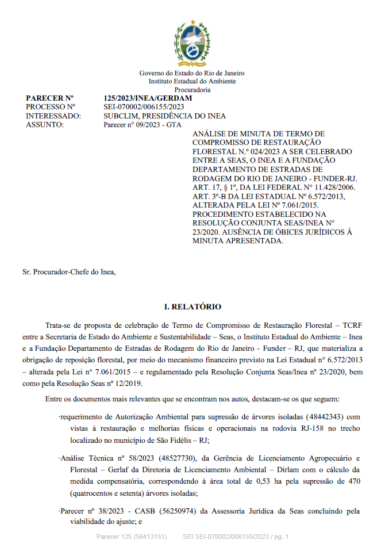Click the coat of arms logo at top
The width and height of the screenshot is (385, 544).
pos(192,44)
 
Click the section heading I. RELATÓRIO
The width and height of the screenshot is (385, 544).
pos(192,307)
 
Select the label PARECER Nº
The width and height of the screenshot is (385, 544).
pos(50,98)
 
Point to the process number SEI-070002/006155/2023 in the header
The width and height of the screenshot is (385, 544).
pos(144,107)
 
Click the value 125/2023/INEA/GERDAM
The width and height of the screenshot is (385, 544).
pos(148,98)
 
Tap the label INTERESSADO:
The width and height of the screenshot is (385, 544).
pos(53,116)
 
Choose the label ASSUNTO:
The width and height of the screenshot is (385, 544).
pos(45,124)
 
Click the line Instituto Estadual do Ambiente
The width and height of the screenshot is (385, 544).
pos(192,82)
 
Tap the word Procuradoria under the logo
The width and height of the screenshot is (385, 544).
pos(192,90)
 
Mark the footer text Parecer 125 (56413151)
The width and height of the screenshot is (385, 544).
pos(131,537)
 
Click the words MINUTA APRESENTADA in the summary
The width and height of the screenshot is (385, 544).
pos(237,240)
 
